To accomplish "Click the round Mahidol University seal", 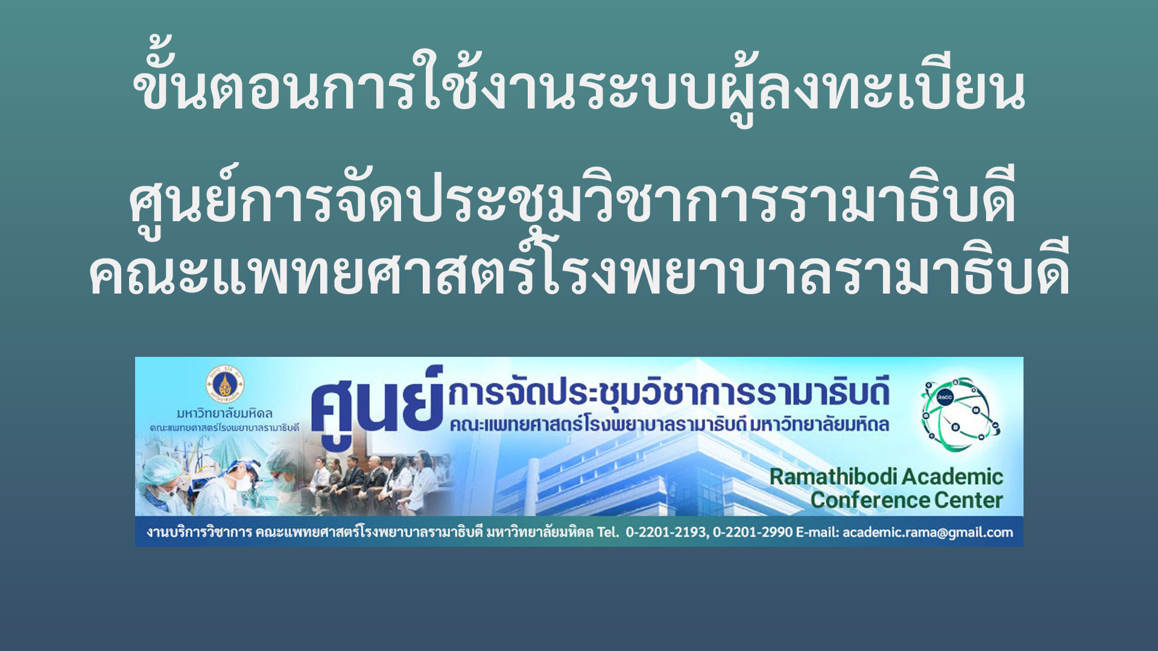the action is pyautogui.click(x=224, y=384).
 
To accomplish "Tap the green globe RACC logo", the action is pyautogui.click(x=960, y=414).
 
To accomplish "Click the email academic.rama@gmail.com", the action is pyautogui.click(x=928, y=532).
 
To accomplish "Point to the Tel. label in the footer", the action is pyautogui.click(x=608, y=532).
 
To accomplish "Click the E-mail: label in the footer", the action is pyautogui.click(x=817, y=532).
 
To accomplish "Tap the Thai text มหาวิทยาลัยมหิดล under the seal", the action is pyautogui.click(x=224, y=414).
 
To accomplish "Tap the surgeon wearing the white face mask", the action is pyautogui.click(x=241, y=482).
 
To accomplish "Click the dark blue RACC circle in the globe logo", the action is pyautogui.click(x=945, y=397).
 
